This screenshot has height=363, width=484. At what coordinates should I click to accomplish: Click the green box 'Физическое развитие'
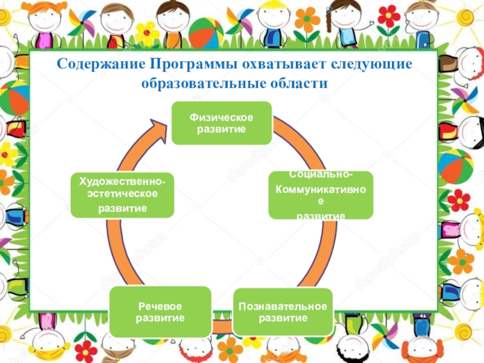[x=221, y=123]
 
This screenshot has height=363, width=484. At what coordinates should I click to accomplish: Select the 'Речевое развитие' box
[x=160, y=312]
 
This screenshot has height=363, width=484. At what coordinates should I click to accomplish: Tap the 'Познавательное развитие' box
[x=283, y=312]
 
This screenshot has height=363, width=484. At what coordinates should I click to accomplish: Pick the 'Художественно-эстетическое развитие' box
[x=122, y=194]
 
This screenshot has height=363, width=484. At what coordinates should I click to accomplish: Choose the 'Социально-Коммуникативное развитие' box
[x=321, y=195]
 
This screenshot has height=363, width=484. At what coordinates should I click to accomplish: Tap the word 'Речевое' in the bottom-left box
[x=160, y=306]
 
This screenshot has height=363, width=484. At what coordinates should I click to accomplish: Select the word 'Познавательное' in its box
[x=283, y=306]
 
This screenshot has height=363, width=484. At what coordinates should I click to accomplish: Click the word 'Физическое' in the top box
[x=221, y=117]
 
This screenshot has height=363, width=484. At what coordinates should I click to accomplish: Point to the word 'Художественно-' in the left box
[x=122, y=181]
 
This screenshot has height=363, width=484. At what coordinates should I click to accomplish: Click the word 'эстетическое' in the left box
[x=122, y=194]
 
